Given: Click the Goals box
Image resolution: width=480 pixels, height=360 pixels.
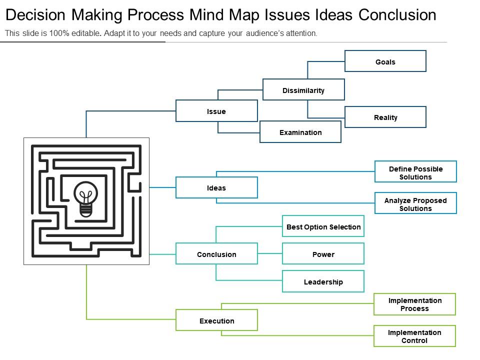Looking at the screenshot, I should tap(385, 61).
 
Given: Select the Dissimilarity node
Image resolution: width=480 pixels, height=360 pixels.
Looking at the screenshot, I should tap(303, 90).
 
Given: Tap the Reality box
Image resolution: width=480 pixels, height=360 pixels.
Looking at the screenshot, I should tap(385, 117).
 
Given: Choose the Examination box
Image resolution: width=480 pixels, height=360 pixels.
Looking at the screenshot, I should tap(300, 132).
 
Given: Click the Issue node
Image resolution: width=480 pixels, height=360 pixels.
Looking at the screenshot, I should tap(216, 111).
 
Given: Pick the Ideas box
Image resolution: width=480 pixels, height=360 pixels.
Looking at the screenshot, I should tap(216, 188).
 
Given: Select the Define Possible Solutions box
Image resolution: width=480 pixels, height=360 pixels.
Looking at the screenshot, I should tap(415, 172).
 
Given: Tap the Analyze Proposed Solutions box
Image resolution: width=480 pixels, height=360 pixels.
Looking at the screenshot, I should tap(415, 204).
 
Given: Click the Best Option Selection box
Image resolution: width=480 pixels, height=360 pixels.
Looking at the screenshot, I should tap(323, 226).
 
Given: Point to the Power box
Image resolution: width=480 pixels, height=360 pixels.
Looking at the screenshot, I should tap(323, 254).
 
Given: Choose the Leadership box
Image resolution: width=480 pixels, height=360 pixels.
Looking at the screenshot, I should tap(323, 281).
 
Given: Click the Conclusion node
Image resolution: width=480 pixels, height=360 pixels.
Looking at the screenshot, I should tap(216, 254).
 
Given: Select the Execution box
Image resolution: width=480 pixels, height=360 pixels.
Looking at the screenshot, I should tap(216, 320).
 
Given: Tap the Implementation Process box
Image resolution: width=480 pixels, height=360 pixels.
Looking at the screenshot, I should tap(414, 304).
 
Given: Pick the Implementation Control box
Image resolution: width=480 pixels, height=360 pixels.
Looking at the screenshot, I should tap(414, 336).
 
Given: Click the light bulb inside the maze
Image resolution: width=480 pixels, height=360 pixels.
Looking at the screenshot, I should tap(86, 198).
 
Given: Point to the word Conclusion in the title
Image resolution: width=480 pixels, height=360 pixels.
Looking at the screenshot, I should tap(397, 15).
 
